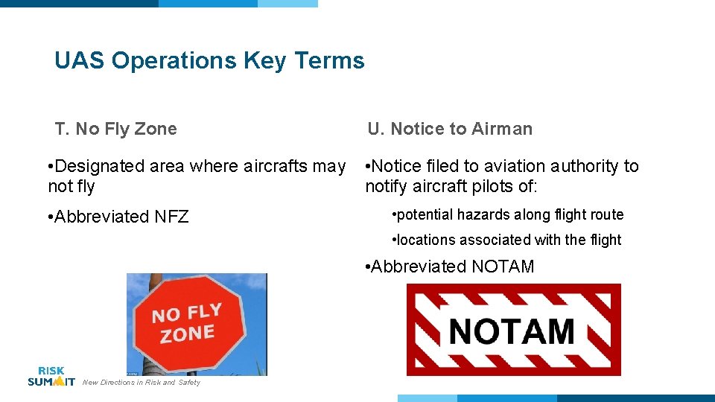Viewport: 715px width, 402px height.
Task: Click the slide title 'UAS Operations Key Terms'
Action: pos(209,60)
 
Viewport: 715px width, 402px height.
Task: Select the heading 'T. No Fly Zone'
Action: pos(115,129)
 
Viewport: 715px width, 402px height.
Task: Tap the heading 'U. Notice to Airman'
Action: pos(450,129)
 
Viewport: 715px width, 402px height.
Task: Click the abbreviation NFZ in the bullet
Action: pos(171,217)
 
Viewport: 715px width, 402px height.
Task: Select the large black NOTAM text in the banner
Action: pos(512,331)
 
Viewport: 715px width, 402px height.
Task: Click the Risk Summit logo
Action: pos(51,376)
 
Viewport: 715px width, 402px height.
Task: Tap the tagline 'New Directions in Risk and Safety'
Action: pos(142,383)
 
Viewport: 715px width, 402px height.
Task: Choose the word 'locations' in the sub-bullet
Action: pos(428,240)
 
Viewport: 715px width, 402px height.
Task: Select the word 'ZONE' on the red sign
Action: pos(187,334)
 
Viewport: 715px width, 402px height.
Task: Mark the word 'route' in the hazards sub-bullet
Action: pos(606,214)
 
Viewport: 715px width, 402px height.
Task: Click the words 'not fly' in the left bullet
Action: pos(71,186)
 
